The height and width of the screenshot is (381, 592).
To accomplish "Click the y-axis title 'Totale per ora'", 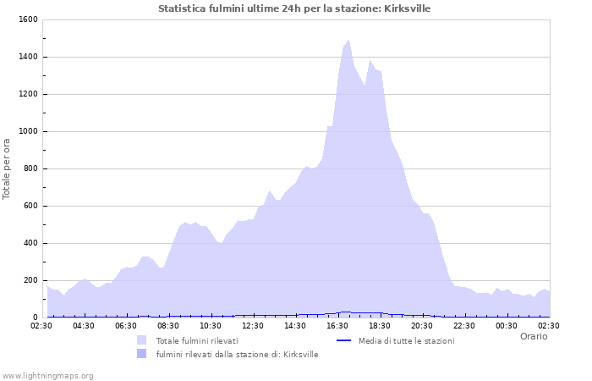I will (x=8, y=168).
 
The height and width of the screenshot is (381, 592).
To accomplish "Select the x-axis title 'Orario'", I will (x=533, y=336).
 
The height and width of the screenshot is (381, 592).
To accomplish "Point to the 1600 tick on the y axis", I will (x=27, y=19).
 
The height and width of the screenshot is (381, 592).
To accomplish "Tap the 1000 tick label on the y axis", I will (x=27, y=131).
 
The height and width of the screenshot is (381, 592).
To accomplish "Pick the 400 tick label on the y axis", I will (x=30, y=243).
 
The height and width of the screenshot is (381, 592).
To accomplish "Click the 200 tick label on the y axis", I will (x=30, y=280).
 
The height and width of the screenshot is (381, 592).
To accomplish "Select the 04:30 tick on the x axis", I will (x=85, y=325).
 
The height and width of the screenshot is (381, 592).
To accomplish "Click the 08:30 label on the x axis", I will (x=169, y=325).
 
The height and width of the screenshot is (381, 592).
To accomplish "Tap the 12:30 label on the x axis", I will (x=254, y=325).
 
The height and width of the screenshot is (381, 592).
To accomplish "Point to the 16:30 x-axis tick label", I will (x=338, y=325).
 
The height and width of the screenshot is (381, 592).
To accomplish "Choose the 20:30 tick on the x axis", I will (x=423, y=325).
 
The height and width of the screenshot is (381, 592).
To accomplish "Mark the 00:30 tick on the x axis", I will (x=507, y=325).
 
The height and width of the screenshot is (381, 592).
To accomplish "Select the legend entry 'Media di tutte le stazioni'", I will (x=406, y=340).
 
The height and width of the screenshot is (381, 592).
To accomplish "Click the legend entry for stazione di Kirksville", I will (x=237, y=354).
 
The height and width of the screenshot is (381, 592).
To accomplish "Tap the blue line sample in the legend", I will (x=343, y=340).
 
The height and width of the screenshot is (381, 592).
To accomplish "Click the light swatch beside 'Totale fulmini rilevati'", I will (x=141, y=340).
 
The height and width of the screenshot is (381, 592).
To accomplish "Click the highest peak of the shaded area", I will (x=348, y=41).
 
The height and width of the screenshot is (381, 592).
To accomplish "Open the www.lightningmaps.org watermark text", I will (x=48, y=375).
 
